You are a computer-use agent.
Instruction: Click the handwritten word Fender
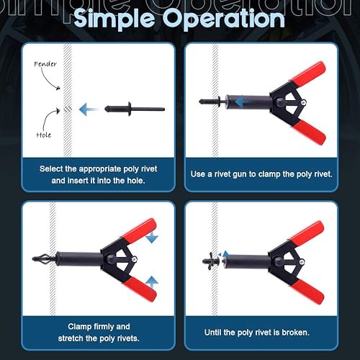(45, 64)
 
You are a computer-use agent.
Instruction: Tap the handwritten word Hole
(44, 135)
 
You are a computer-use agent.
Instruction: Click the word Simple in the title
(114, 19)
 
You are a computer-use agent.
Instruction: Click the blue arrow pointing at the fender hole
(88, 109)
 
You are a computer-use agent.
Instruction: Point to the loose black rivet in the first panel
(135, 109)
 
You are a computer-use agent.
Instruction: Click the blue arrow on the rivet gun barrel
(243, 102)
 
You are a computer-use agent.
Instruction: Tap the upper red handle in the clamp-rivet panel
(308, 73)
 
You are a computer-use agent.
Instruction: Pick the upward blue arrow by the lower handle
(152, 284)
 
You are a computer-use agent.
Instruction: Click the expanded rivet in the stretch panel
(45, 260)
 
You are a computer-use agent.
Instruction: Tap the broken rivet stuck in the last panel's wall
(211, 261)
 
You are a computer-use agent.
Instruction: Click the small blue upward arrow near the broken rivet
(225, 254)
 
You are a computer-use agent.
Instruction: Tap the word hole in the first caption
(135, 181)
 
